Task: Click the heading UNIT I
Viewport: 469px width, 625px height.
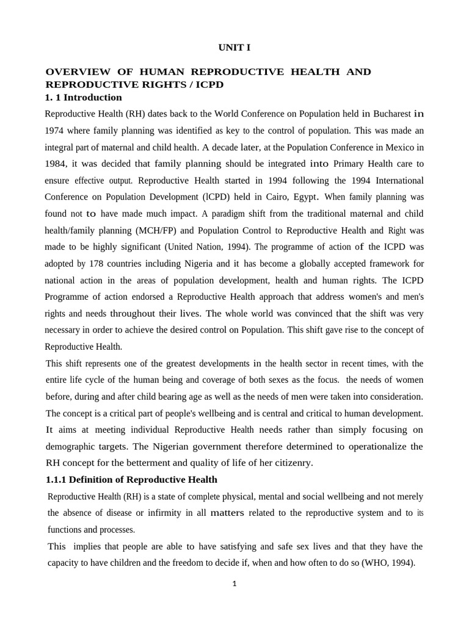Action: click(x=234, y=48)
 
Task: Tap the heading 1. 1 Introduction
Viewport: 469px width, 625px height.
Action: click(x=84, y=98)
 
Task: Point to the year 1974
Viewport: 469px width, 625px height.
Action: click(x=57, y=131)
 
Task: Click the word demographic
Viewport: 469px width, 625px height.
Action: click(x=72, y=446)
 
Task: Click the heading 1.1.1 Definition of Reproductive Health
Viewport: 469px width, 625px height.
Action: click(x=131, y=480)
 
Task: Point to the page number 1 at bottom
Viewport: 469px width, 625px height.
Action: click(x=234, y=583)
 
